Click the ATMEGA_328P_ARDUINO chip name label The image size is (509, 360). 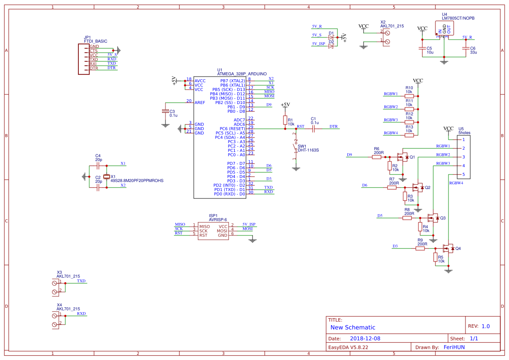coord(242,74)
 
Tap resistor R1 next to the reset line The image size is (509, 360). coord(285,120)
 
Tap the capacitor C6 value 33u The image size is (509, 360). coord(473,52)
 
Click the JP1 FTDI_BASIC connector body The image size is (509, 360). coord(84,59)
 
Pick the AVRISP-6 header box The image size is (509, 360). coord(213,231)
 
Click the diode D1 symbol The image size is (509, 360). coord(331,38)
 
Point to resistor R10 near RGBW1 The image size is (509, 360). coord(409,96)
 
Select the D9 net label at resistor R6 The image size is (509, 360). coord(349,155)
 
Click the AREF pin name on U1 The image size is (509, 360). coord(200,103)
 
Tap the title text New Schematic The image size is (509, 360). coord(353,327)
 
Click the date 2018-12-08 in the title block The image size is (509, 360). coord(365,338)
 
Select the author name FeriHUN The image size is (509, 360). coord(454,347)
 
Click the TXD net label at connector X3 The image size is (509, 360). coord(81,281)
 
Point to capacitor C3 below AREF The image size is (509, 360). coord(165,111)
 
